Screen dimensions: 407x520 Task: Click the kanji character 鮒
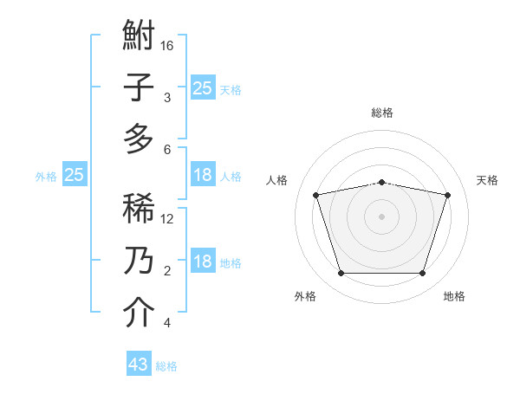coord(139,37)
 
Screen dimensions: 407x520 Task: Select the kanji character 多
coord(139,139)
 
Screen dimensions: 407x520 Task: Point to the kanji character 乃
coord(139,261)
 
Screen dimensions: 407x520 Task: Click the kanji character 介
coord(139,313)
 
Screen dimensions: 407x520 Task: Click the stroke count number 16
coord(167,46)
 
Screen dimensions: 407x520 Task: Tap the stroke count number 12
coord(167,218)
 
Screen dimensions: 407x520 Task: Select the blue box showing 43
coord(139,365)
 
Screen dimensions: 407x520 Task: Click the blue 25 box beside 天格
coord(202,87)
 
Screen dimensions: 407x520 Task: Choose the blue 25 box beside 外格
coord(74,175)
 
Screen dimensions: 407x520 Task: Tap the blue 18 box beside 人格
coord(202,175)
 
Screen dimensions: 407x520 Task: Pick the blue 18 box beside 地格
coord(202,262)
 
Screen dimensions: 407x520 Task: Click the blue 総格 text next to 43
coord(166,366)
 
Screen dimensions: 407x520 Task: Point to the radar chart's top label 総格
coord(381,113)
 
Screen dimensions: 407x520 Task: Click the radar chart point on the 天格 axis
coord(447,195)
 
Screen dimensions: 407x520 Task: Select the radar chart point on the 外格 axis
coord(341,274)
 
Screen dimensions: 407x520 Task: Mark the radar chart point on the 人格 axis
coord(315,195)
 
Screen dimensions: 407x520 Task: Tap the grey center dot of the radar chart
coord(381,216)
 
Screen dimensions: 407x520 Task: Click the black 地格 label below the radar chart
coord(454,296)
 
